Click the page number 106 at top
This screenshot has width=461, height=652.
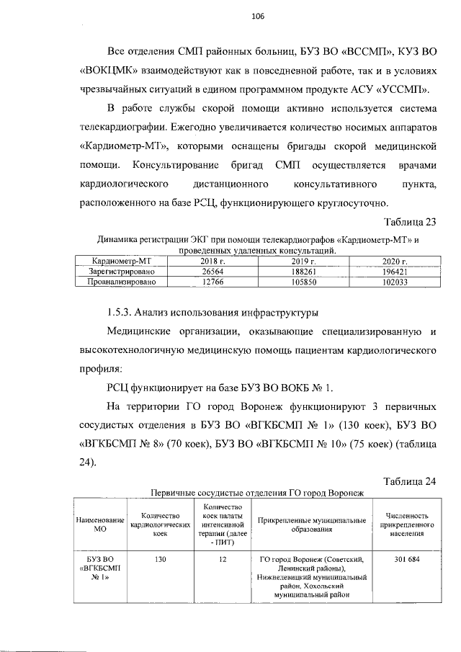(258, 17)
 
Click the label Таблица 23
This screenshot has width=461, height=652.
(410, 222)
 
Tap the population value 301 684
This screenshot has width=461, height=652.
(405, 559)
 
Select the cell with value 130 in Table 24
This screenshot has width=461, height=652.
(160, 559)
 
